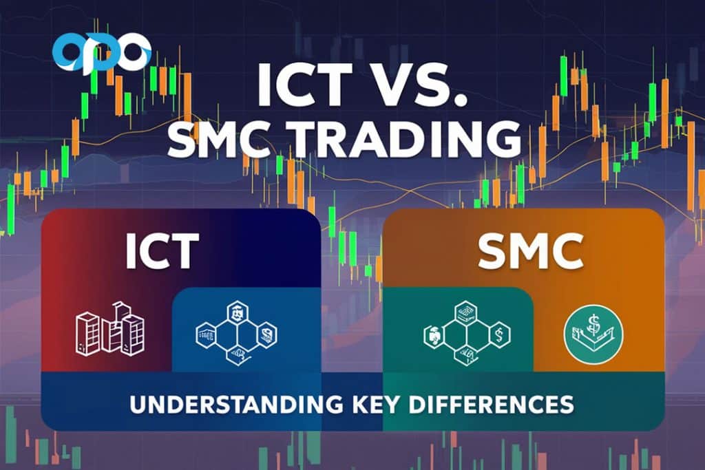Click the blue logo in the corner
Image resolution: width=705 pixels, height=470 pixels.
coord(101,54)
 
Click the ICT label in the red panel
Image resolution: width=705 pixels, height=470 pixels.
coord(162,251)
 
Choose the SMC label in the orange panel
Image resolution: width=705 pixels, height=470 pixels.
coord(530,253)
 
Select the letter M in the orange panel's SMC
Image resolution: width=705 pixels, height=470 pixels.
coord(528,253)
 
